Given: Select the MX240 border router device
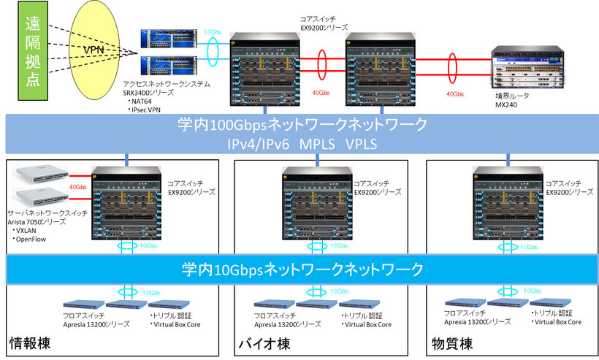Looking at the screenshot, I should (527, 68).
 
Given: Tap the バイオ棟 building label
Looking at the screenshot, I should (264, 343).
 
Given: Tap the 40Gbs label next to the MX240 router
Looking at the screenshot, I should (454, 94).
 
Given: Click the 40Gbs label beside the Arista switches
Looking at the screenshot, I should (77, 187).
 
